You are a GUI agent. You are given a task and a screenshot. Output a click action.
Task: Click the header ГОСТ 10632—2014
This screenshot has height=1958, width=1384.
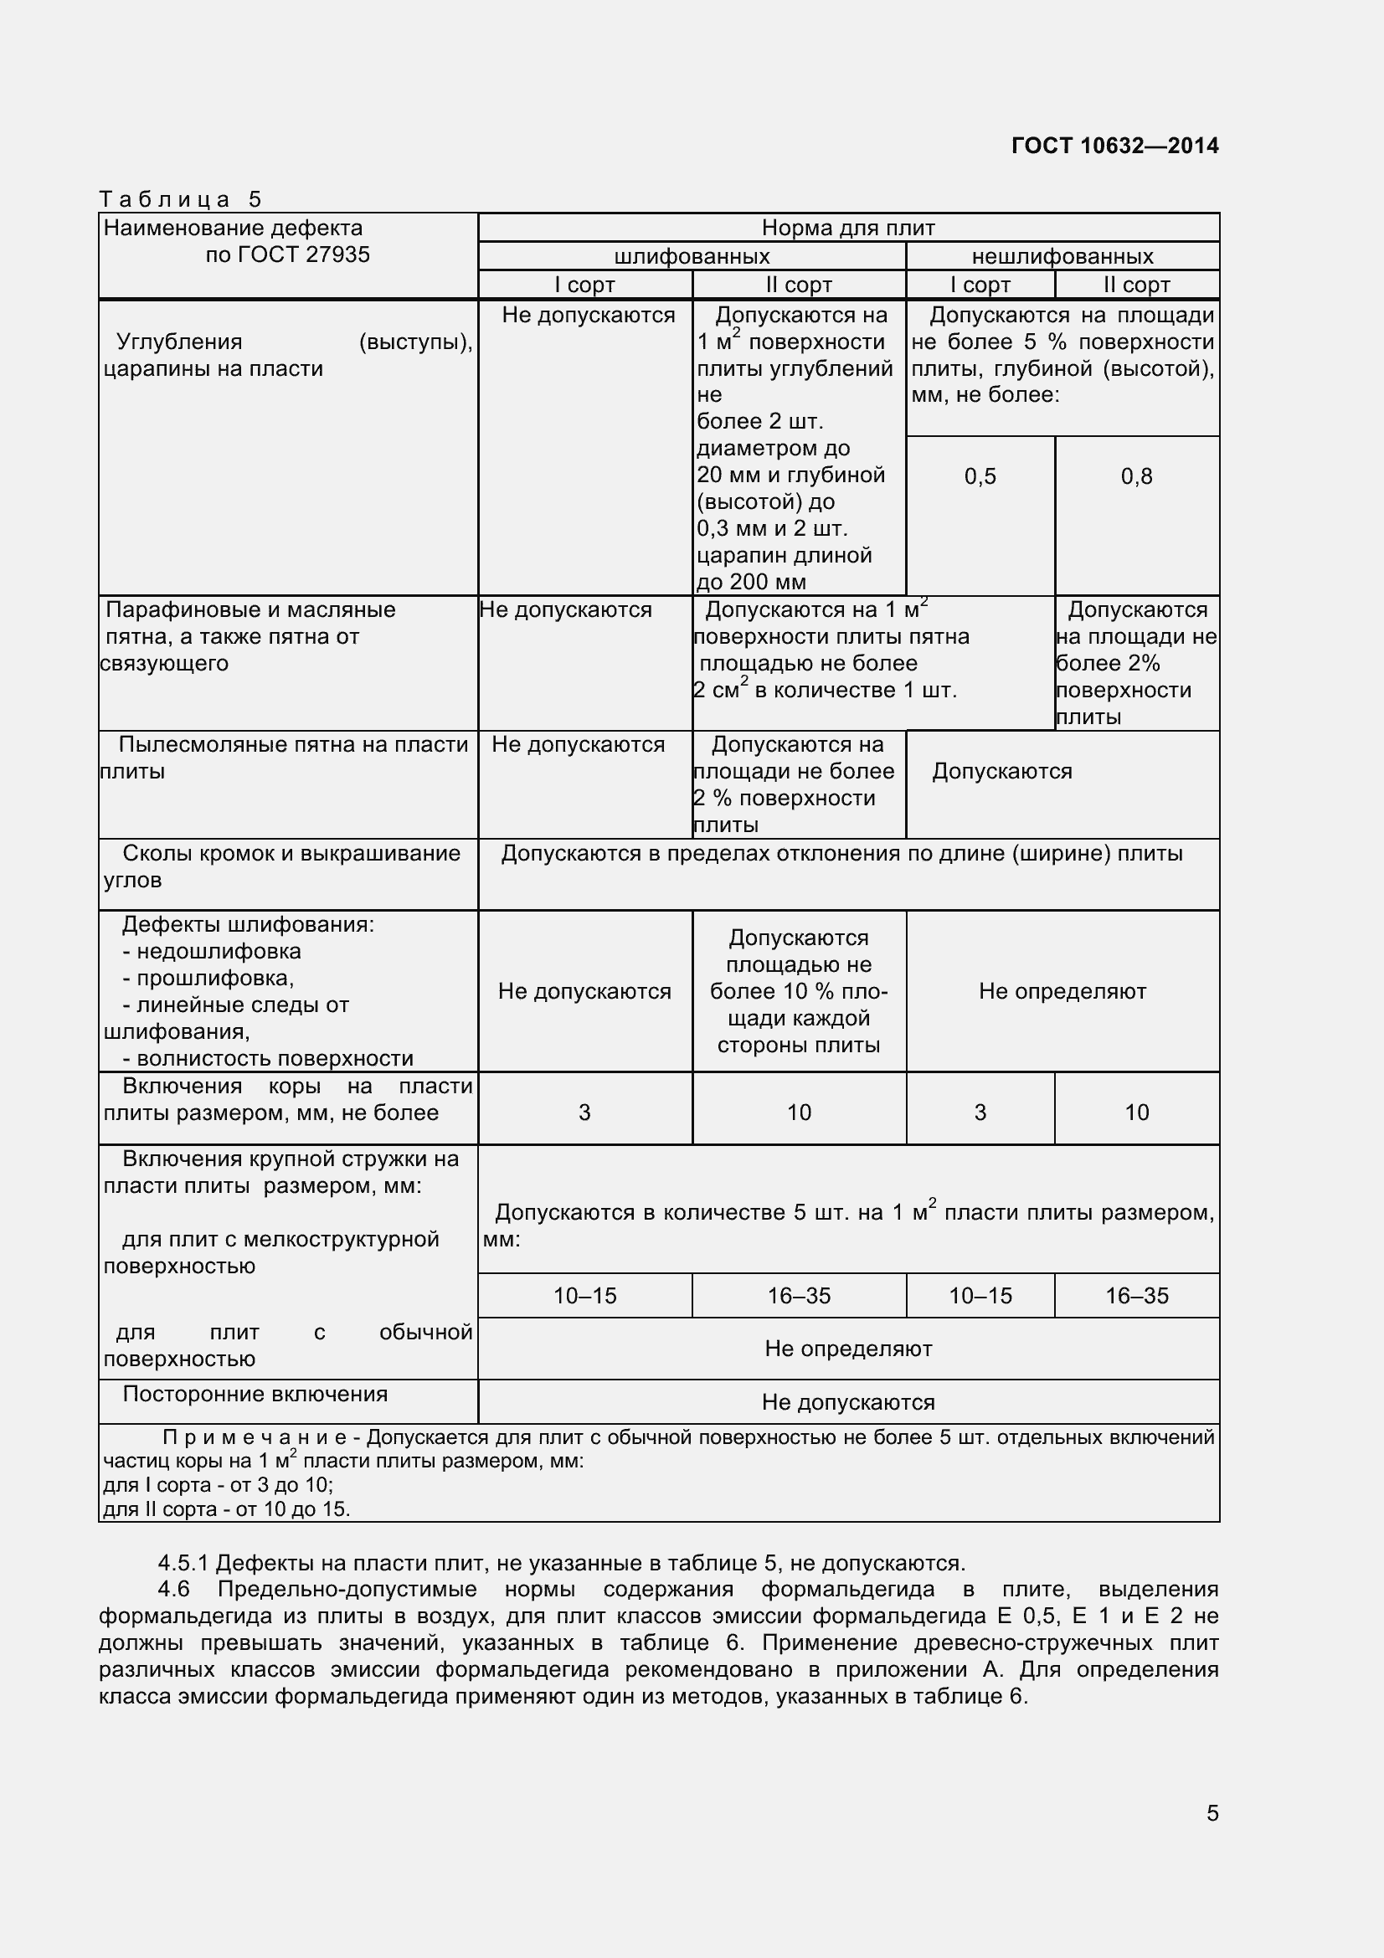tap(1114, 146)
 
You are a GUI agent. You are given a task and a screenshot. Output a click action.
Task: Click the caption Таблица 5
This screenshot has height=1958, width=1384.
tap(180, 199)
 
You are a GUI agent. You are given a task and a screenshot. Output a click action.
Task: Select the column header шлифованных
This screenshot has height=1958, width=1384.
tap(692, 256)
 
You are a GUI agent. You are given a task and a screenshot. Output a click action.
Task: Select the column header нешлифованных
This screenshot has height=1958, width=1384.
tap(1062, 256)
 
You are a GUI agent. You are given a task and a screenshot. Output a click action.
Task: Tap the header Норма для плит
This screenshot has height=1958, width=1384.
tap(847, 228)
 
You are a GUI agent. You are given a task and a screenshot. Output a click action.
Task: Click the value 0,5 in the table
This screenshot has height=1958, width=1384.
tap(980, 476)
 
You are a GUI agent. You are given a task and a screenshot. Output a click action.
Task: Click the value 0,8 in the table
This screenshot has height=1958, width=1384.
tap(1136, 476)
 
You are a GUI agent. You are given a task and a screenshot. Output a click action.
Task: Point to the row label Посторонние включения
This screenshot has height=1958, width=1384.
tap(255, 1395)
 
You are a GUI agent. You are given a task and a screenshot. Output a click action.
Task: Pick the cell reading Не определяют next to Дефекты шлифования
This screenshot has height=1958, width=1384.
tap(1062, 991)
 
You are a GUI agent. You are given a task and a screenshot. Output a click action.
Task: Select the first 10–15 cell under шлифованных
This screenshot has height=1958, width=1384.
tap(585, 1296)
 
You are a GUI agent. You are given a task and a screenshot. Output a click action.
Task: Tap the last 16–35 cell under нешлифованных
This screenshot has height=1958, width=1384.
tap(1136, 1296)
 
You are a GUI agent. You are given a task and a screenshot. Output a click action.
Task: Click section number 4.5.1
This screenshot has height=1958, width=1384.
tap(183, 1563)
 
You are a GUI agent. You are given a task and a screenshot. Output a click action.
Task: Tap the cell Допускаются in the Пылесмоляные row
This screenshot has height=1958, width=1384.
tap(1001, 772)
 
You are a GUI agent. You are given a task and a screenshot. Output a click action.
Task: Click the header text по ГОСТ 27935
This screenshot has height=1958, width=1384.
tap(287, 255)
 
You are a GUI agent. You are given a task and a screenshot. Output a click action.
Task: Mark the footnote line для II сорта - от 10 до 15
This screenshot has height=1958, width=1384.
tap(226, 1509)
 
